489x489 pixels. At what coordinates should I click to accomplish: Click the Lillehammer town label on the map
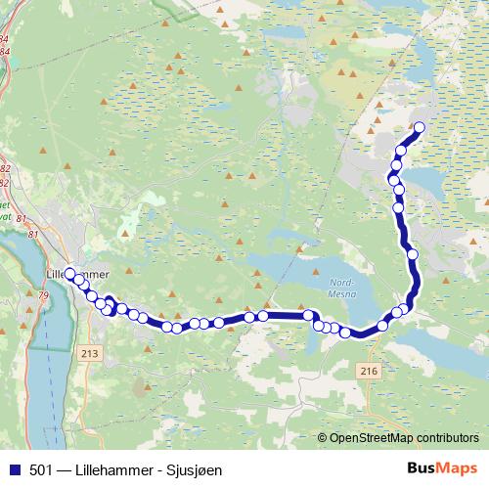[x=78, y=274]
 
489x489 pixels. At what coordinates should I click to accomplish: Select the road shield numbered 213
[x=92, y=352]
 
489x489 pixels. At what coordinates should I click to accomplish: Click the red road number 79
[x=42, y=294]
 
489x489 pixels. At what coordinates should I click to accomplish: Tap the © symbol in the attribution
[x=323, y=437]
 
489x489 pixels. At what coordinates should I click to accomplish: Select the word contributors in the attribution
[x=446, y=437]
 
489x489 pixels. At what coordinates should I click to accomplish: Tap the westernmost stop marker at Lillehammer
[x=69, y=274]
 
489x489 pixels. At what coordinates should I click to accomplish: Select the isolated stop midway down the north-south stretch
[x=412, y=254]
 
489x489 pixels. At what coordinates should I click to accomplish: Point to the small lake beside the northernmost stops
[x=425, y=180]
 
